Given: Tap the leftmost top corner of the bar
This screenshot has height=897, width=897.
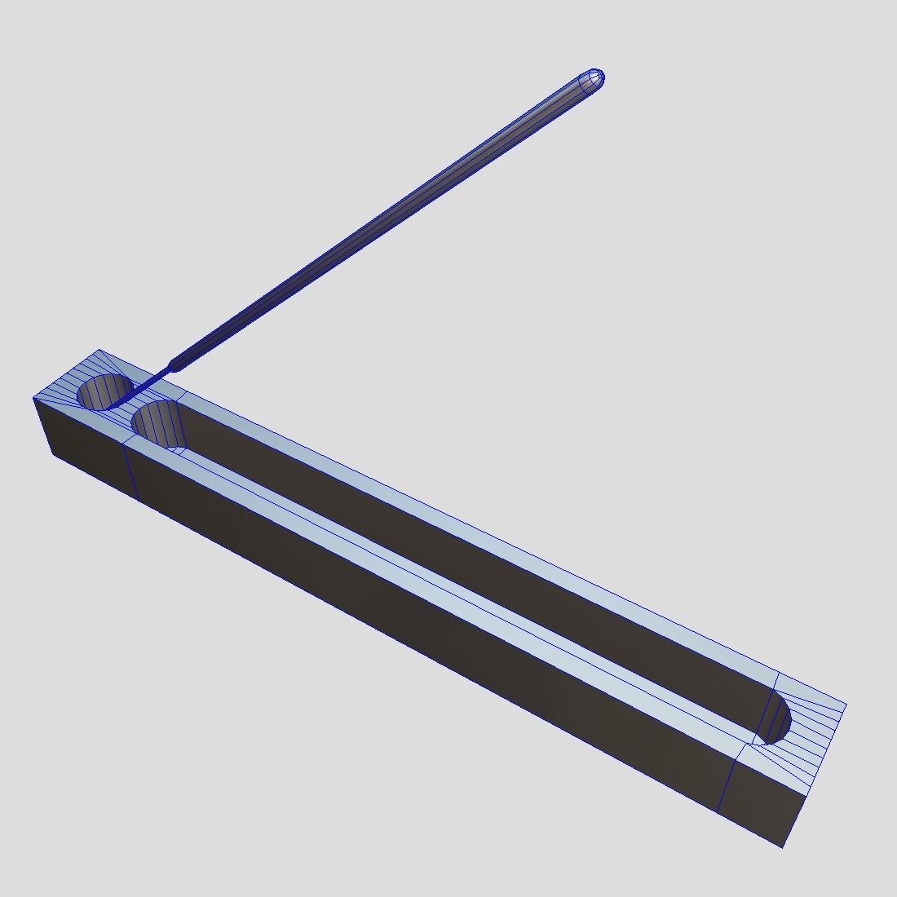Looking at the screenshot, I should (33, 398).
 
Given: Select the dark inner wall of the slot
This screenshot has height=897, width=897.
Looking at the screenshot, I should (489, 571).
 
